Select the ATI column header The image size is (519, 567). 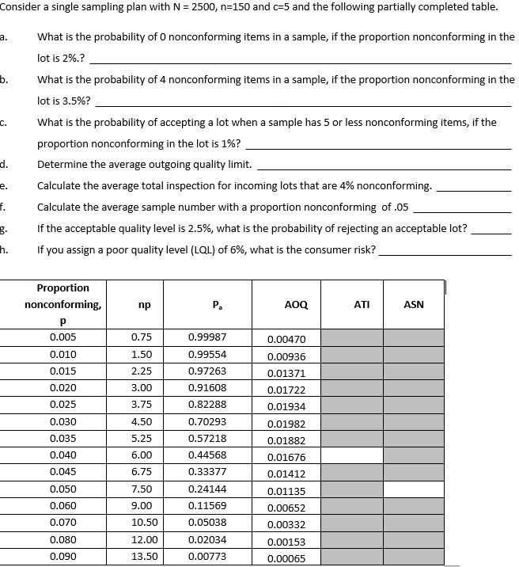(362, 304)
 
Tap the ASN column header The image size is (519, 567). (414, 304)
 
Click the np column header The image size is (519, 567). (144, 304)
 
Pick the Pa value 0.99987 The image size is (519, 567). (207, 337)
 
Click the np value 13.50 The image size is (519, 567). (144, 557)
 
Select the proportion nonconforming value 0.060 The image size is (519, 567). (63, 506)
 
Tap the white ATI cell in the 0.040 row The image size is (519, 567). (352, 456)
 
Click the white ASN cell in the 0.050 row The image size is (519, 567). (414, 489)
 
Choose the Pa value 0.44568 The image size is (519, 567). (207, 455)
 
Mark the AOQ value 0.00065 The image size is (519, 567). (286, 559)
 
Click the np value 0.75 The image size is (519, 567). (142, 337)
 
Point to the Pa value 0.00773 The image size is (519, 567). (207, 557)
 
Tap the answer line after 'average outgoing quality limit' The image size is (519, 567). (384, 166)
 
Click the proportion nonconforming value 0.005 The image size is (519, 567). (63, 337)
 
